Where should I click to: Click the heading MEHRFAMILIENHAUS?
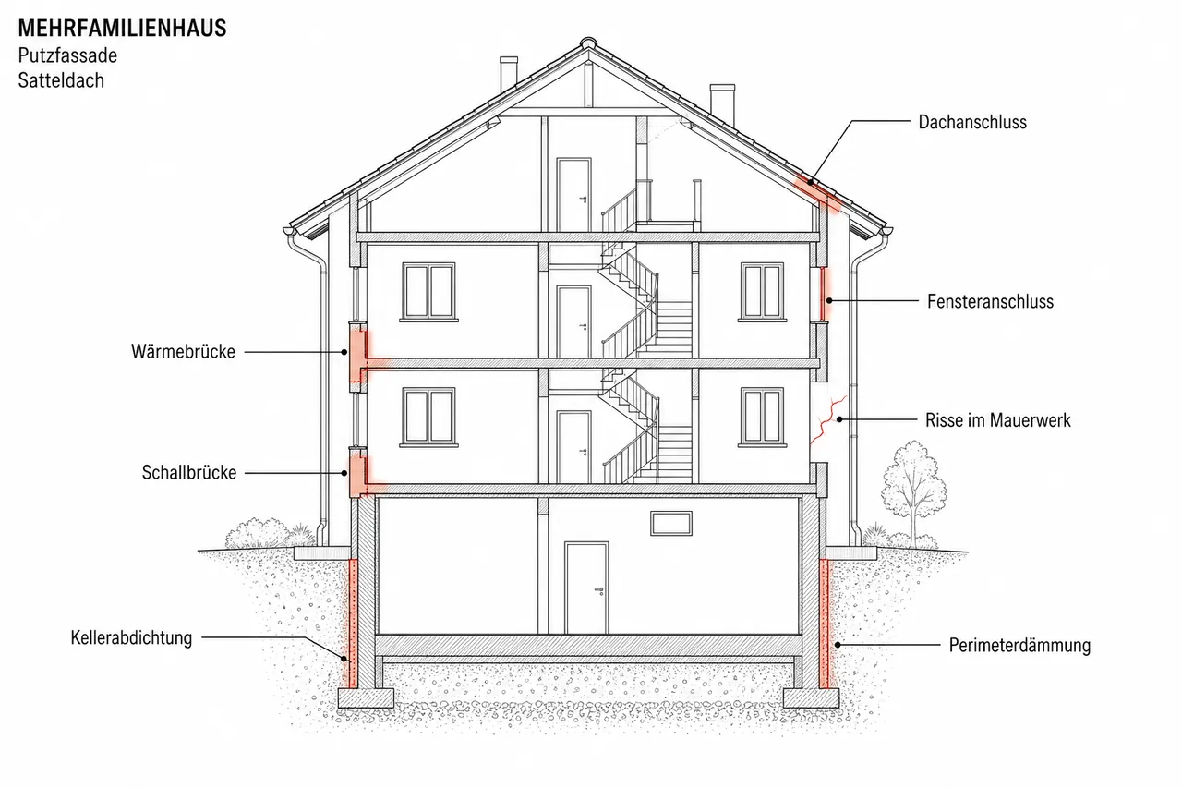[123, 29]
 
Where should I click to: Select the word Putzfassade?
[67, 55]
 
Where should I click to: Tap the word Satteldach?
[61, 80]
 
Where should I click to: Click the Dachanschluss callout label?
[972, 122]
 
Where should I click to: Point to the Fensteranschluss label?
[991, 301]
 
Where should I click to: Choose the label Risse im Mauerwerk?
[998, 420]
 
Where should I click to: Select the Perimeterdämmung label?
[1019, 645]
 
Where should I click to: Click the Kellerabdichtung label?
[131, 637]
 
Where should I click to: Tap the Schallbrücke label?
[189, 472]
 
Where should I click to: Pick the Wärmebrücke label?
[183, 352]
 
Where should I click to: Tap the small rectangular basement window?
[670, 524]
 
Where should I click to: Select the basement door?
[586, 588]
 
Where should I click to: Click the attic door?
[573, 194]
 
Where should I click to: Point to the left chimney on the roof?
[509, 74]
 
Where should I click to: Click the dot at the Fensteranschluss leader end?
[829, 301]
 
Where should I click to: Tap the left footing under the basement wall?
[366, 697]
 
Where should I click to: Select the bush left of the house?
[261, 533]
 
